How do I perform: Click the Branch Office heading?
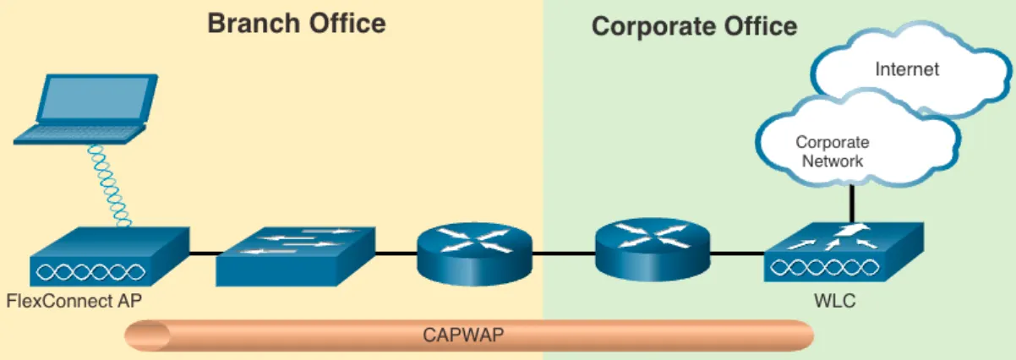(x=297, y=24)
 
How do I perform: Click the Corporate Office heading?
(x=694, y=27)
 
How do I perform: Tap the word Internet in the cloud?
(x=907, y=69)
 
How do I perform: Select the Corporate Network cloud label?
(x=832, y=152)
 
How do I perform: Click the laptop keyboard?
(x=80, y=135)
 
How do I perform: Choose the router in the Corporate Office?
(x=653, y=246)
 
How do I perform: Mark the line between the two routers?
(x=565, y=253)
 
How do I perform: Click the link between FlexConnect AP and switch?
(x=203, y=253)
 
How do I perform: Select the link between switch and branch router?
(x=396, y=253)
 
